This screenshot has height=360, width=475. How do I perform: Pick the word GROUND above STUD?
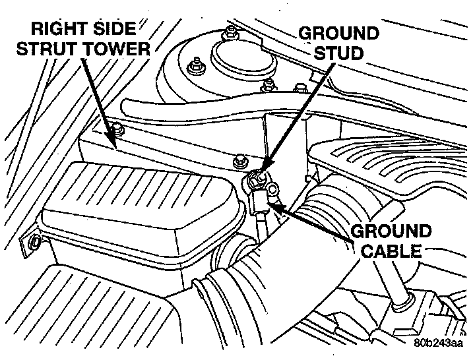point(339,33)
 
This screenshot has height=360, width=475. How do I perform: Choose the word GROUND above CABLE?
point(391,232)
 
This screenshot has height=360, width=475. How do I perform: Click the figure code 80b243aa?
point(439,343)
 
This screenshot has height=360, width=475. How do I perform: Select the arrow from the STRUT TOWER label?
point(99,99)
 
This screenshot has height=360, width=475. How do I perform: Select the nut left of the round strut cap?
point(196,66)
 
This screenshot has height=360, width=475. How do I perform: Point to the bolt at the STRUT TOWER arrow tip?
point(117,129)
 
